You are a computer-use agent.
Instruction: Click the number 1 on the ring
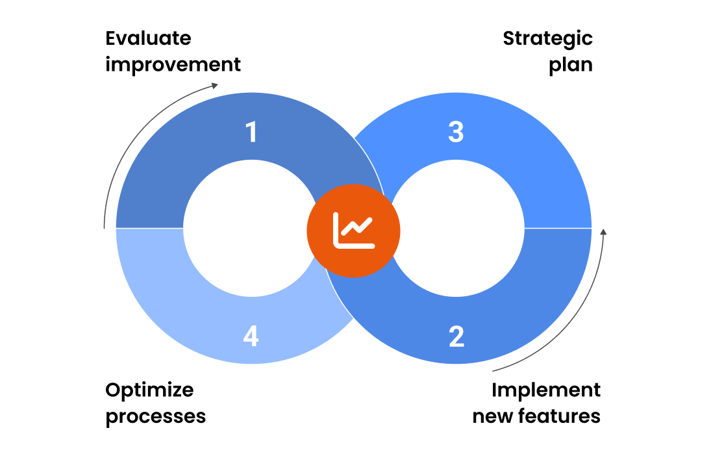[x=251, y=132]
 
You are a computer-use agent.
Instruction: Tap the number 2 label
[x=456, y=337]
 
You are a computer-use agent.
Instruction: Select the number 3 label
[x=456, y=132]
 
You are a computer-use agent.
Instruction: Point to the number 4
[x=251, y=337]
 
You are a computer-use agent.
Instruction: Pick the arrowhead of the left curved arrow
[x=215, y=85]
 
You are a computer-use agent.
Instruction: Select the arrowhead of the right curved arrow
[x=603, y=232]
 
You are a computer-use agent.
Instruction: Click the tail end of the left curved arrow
[x=105, y=227]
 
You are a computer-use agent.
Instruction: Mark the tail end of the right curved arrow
[x=493, y=372]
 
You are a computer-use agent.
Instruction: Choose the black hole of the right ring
[x=456, y=228]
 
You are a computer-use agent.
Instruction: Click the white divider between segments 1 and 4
[x=149, y=228]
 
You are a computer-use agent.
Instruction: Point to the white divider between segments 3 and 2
[x=558, y=228]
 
